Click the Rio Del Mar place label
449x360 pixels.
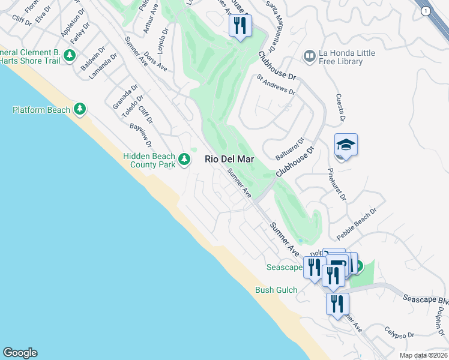[230, 160]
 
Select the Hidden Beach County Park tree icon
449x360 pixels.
[184, 160]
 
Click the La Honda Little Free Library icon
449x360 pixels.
[310, 57]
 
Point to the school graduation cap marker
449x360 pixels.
[346, 146]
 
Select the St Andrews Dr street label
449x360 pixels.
[276, 85]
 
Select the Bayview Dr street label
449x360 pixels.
[140, 135]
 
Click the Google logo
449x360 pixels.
[20, 353]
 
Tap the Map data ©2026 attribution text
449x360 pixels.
[423, 355]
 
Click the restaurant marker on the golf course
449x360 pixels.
[240, 26]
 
